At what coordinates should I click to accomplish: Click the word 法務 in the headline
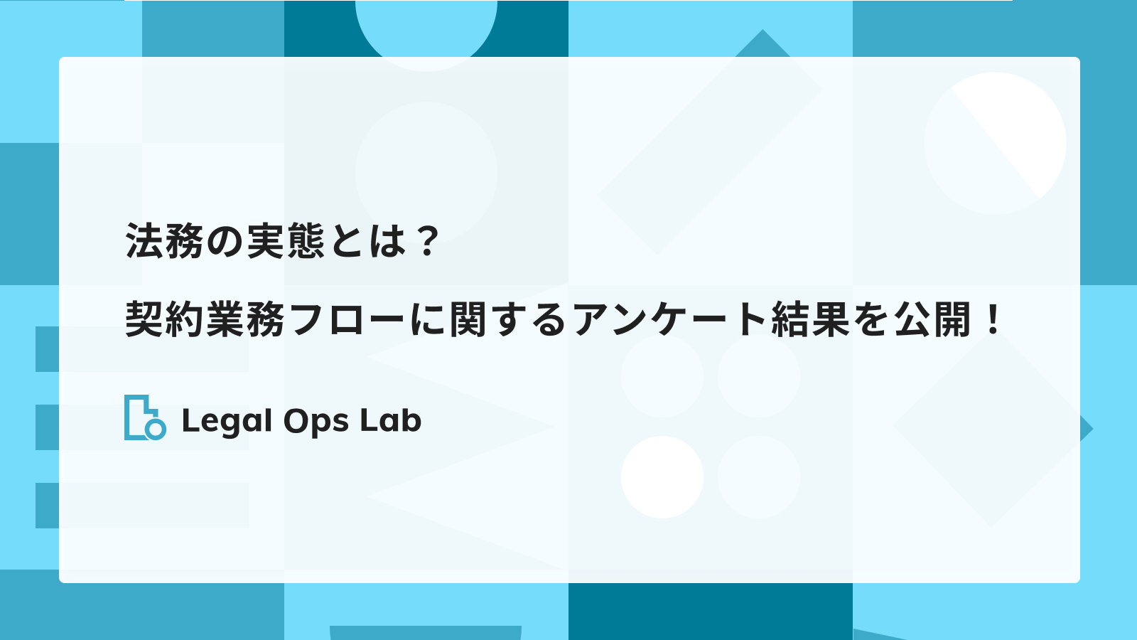pyautogui.click(x=166, y=241)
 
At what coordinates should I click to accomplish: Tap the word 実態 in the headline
pyautogui.click(x=286, y=241)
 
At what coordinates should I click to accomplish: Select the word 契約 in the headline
pyautogui.click(x=166, y=319)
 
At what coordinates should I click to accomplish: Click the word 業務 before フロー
pyautogui.click(x=245, y=319)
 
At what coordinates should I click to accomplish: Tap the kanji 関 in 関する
pyautogui.click(x=468, y=319)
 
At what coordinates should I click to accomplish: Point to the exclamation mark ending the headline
pyautogui.click(x=991, y=319)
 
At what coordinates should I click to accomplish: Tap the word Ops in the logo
pyautogui.click(x=316, y=422)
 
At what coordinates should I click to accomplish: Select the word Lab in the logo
pyautogui.click(x=391, y=420)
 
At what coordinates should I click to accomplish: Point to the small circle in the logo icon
pyautogui.click(x=156, y=430)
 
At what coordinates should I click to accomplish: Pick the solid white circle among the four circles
pyautogui.click(x=662, y=477)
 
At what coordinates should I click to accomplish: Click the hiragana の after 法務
pyautogui.click(x=226, y=242)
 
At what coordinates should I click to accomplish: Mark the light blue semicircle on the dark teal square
pyautogui.click(x=426, y=31)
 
